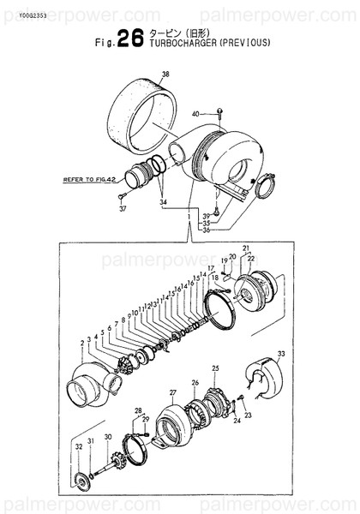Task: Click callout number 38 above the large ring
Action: [x=165, y=75]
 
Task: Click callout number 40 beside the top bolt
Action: [x=195, y=113]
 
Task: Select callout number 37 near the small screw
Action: [x=122, y=207]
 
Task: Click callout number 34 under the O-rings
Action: [x=163, y=204]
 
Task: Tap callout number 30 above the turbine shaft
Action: [x=107, y=437]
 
